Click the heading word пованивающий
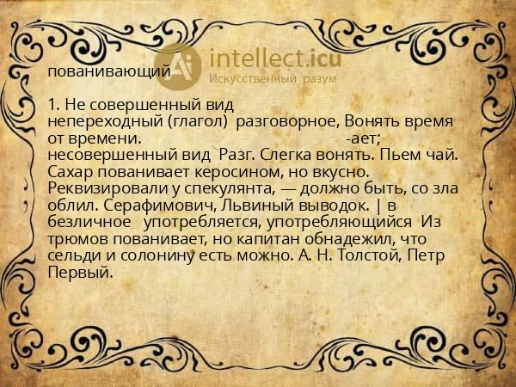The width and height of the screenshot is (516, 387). click(109, 71)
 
